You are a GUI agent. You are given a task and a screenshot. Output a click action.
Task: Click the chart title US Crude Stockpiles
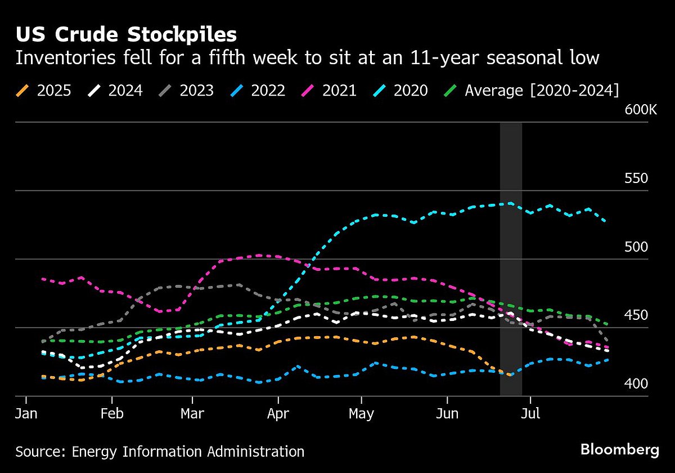pos(126,35)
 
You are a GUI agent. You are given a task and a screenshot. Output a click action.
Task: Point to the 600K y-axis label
pos(641,110)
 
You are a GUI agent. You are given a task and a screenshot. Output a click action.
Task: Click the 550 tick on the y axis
pos(637,179)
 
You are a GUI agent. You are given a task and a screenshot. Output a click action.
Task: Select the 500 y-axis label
pos(637,247)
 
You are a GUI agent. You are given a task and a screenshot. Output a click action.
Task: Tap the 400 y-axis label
pos(637,383)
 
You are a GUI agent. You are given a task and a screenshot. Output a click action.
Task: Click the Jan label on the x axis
pos(26,414)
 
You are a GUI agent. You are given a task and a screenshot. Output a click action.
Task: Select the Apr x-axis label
pos(278,414)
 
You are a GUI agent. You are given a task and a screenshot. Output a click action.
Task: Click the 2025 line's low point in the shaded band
pos(510,374)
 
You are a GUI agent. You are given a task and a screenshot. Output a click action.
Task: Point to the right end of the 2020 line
pos(605,221)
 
